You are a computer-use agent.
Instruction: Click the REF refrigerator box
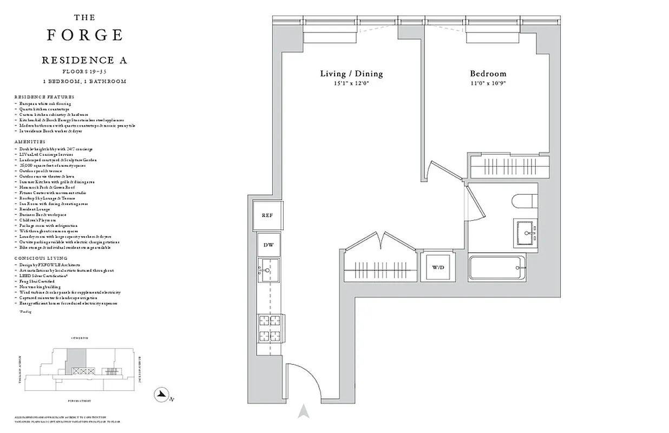click(x=267, y=215)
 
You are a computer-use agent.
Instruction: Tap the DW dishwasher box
click(x=268, y=245)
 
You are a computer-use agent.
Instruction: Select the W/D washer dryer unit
click(x=437, y=267)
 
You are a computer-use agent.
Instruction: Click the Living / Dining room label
click(x=351, y=74)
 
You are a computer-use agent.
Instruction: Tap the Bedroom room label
click(x=488, y=74)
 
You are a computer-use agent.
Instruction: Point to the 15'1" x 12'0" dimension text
click(x=351, y=83)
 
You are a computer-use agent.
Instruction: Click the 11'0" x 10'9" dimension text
click(x=488, y=83)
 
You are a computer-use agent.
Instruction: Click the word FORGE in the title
click(x=84, y=35)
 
